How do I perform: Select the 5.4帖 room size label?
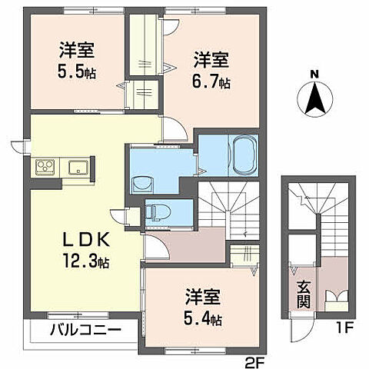[x=204, y=318]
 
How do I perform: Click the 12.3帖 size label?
[x=86, y=262]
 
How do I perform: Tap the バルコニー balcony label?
[x=85, y=331]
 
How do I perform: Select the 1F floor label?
[x=342, y=331]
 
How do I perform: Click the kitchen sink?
[x=78, y=167]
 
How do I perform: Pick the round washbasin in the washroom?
[x=141, y=183]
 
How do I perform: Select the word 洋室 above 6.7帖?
[x=210, y=58]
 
